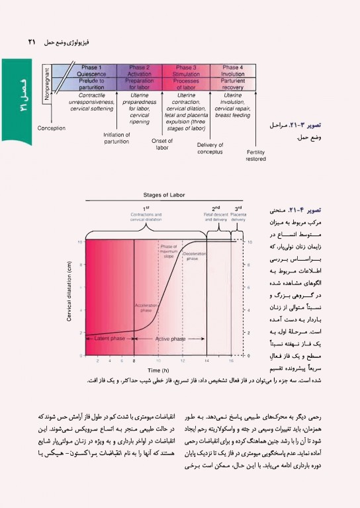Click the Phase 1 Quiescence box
click(x=91, y=77)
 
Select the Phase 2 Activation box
click(x=139, y=77)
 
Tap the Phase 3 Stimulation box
click(x=186, y=77)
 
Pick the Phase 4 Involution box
click(x=232, y=77)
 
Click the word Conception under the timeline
click(x=52, y=128)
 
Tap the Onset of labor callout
click(x=162, y=144)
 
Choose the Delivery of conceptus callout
click(x=210, y=148)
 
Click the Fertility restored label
click(x=255, y=155)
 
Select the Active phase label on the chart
click(x=170, y=339)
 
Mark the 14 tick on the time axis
click(x=207, y=360)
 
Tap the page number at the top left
click(x=31, y=41)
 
